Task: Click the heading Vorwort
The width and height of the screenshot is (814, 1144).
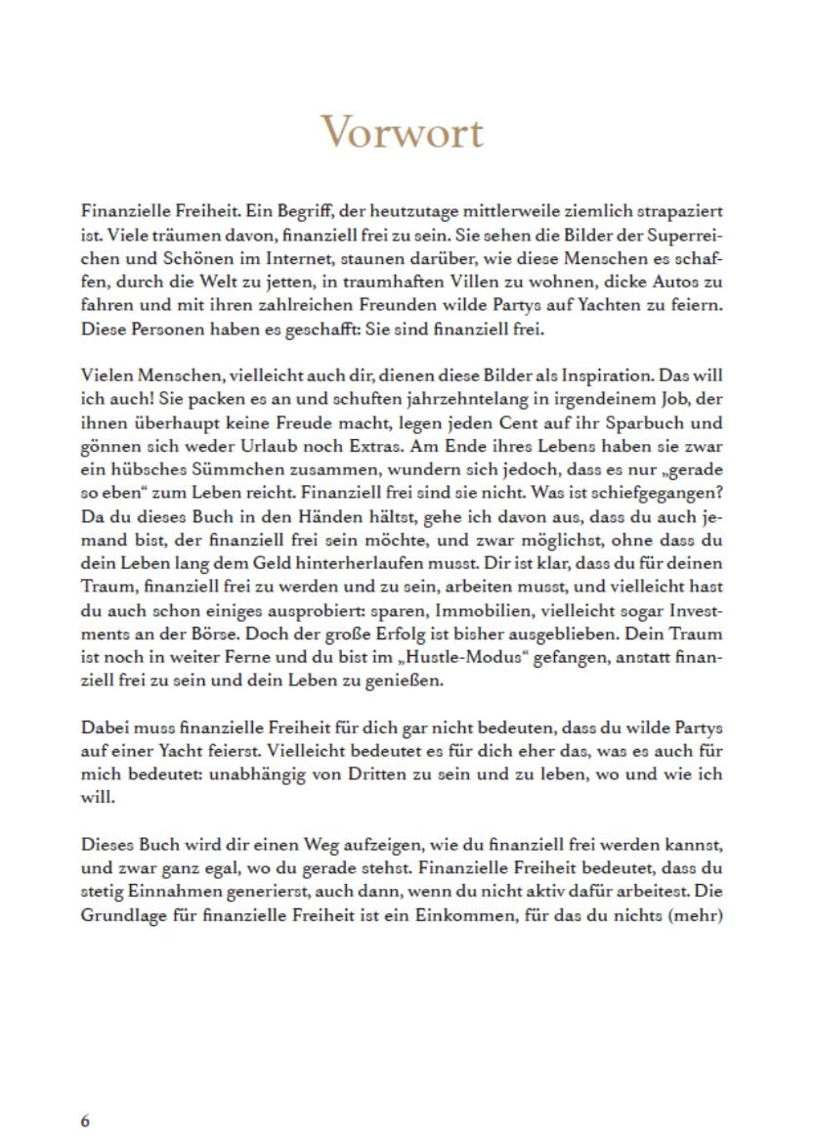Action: pyautogui.click(x=402, y=131)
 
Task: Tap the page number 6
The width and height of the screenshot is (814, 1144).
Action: pyautogui.click(x=85, y=1121)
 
